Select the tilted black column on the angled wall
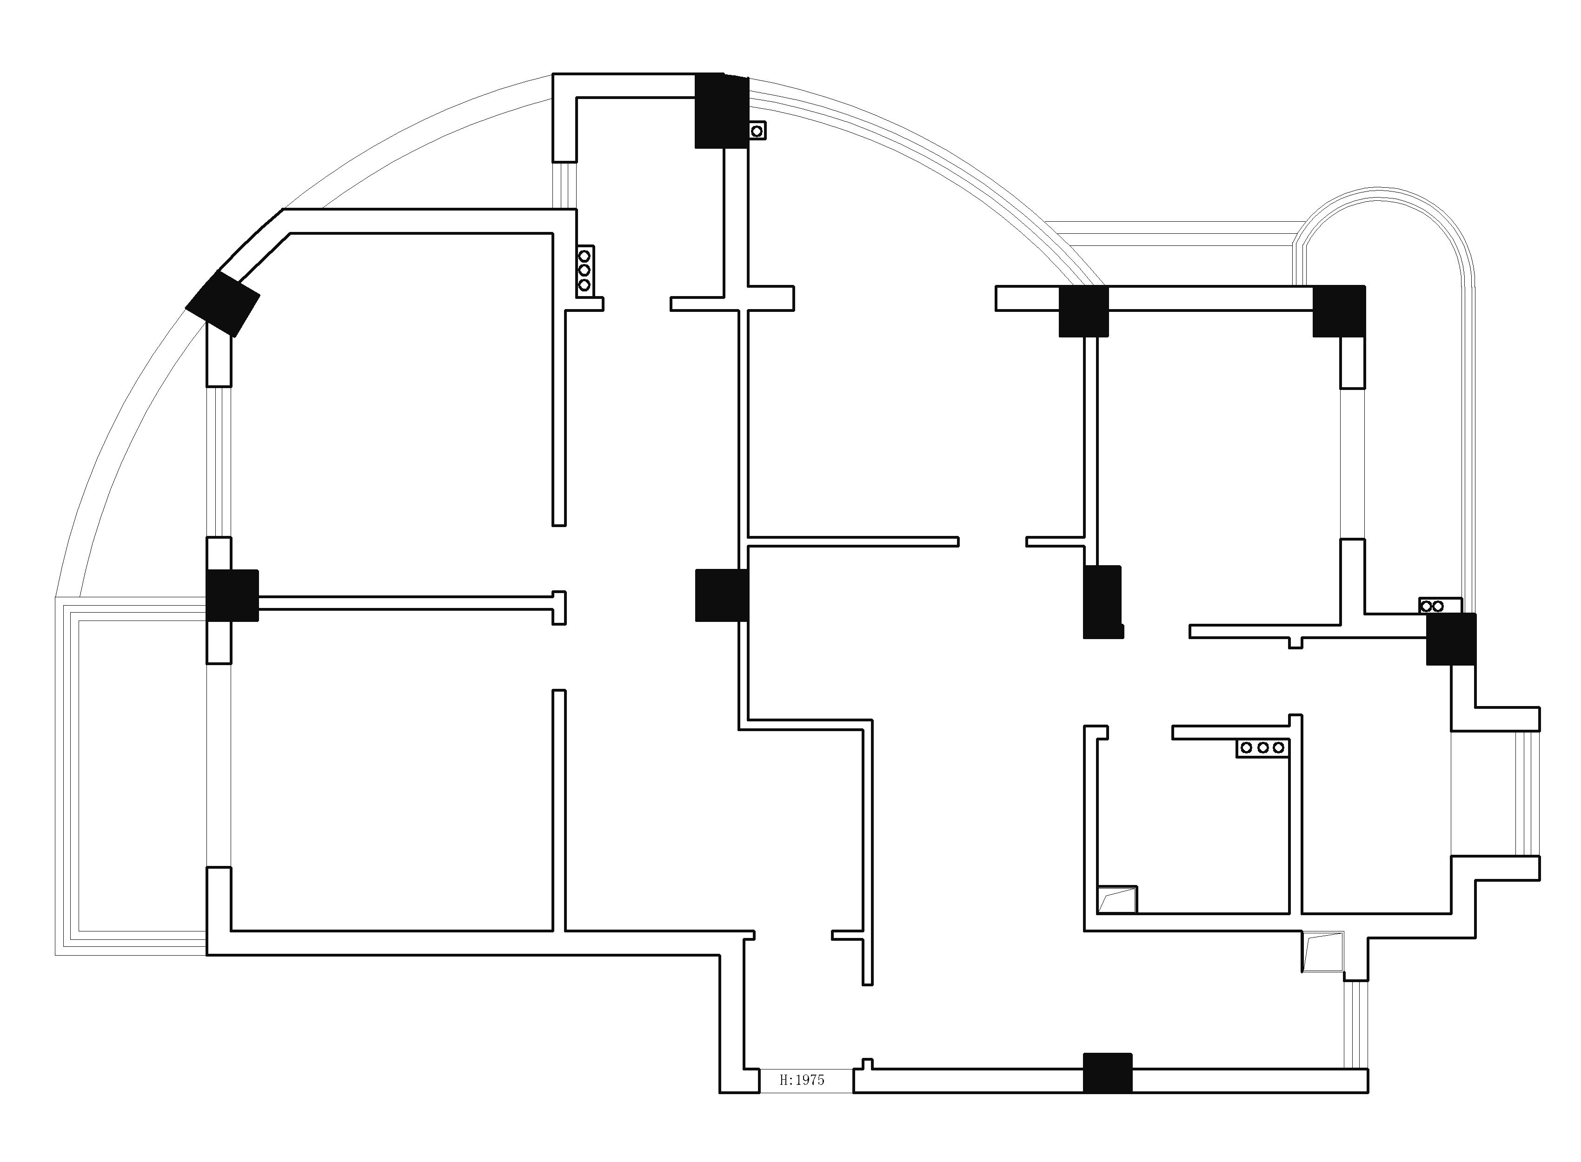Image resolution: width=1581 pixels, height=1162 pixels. pyautogui.click(x=222, y=303)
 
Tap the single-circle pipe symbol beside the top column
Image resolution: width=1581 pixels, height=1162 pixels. pyautogui.click(x=757, y=131)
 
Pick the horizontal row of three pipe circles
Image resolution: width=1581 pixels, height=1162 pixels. pyautogui.click(x=1262, y=748)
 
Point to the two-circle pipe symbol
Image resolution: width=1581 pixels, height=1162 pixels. pyautogui.click(x=1432, y=606)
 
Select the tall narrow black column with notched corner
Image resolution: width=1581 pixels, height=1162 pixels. pyautogui.click(x=1102, y=601)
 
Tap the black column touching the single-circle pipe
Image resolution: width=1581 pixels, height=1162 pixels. pyautogui.click(x=721, y=111)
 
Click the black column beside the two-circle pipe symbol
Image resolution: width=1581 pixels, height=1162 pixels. pyautogui.click(x=1451, y=639)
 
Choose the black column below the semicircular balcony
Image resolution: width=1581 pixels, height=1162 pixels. pyautogui.click(x=1339, y=311)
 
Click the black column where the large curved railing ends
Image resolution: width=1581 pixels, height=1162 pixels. pyautogui.click(x=1083, y=311)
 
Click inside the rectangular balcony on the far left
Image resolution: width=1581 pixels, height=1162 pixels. pyautogui.click(x=141, y=774)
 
